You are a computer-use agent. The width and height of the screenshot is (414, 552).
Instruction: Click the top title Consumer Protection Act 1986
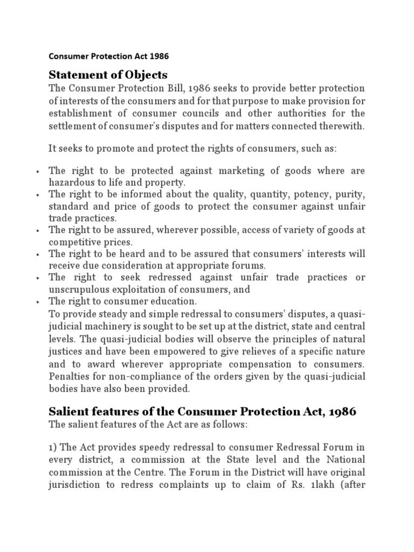pyautogui.click(x=112, y=56)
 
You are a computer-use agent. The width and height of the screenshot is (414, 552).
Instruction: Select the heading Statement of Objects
pyautogui.click(x=108, y=74)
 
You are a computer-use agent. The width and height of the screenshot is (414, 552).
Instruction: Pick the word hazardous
pyautogui.click(x=72, y=183)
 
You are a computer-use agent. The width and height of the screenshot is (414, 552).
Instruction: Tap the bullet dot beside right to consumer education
pyautogui.click(x=37, y=302)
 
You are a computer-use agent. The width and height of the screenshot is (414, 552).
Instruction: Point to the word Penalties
pyautogui.click(x=70, y=376)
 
